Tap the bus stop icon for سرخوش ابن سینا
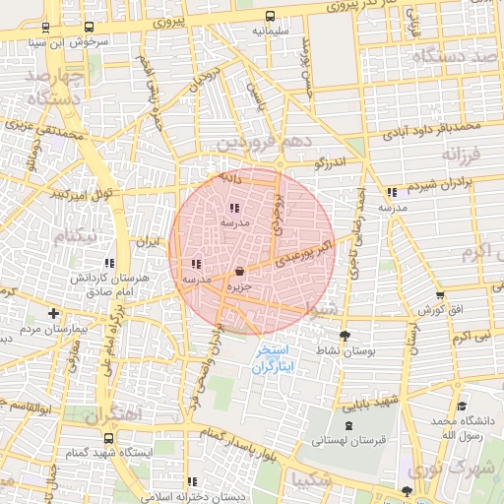point(90,28)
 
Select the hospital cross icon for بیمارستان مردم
point(53,314)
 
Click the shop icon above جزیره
point(239,271)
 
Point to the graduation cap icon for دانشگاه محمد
point(461,407)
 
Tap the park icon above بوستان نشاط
point(344,336)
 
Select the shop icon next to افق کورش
point(439,294)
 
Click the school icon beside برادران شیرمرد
point(393,191)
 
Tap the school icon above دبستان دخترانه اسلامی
point(191,481)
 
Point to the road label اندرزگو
point(330,159)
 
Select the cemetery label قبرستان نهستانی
point(345,441)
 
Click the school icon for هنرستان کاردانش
point(110,263)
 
